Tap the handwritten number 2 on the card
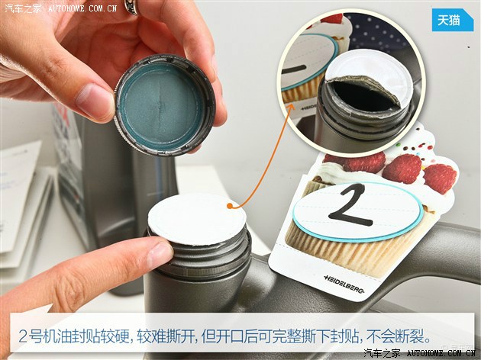point(351,206)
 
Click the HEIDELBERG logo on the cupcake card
point(344,284)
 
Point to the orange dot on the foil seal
point(230,206)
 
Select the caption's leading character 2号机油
point(45,336)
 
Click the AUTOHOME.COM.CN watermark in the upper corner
point(82,8)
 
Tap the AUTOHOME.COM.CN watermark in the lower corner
point(441,353)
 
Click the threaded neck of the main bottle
point(200,257)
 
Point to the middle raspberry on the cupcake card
point(402,169)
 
